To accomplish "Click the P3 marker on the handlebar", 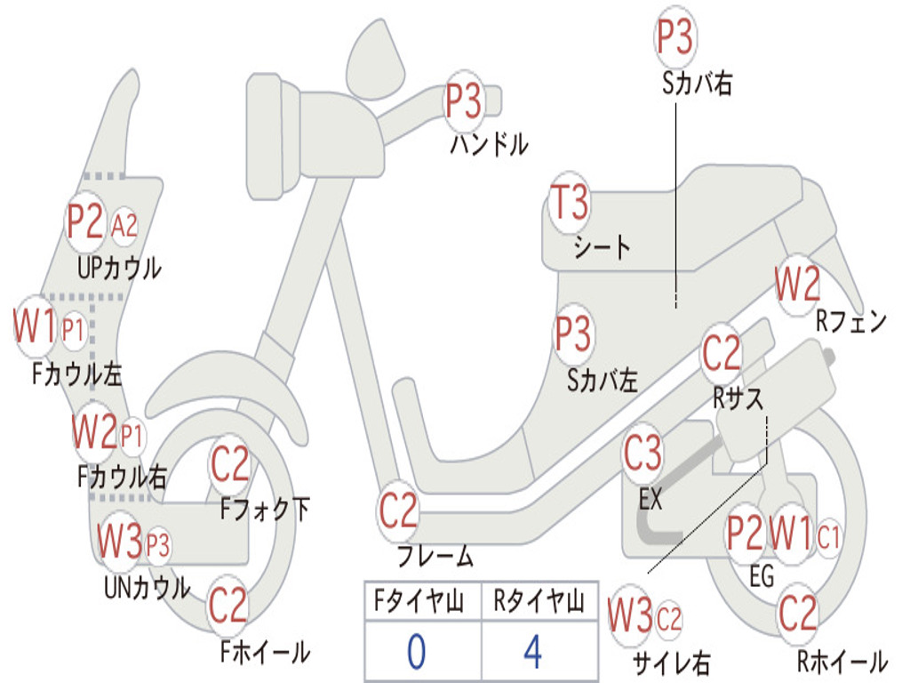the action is click(463, 101).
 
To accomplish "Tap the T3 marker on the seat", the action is click(570, 202).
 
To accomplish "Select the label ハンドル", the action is click(490, 144).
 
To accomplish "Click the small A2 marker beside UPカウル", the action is click(124, 225).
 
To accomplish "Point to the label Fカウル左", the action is click(77, 374).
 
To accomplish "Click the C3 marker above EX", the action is click(643, 453).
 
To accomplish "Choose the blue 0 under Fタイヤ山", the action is click(416, 652).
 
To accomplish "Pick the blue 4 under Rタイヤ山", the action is click(533, 652).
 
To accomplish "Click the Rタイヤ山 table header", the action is click(539, 600).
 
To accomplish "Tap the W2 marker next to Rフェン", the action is click(797, 284).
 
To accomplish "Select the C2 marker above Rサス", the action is click(722, 352).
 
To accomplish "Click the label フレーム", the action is click(435, 556).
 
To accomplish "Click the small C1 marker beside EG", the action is click(828, 537).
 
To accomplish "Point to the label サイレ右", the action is click(672, 663).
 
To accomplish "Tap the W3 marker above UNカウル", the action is click(119, 541).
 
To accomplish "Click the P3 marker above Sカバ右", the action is click(675, 36).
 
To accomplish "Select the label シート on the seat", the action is click(602, 247).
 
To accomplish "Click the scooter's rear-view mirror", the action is click(376, 59).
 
